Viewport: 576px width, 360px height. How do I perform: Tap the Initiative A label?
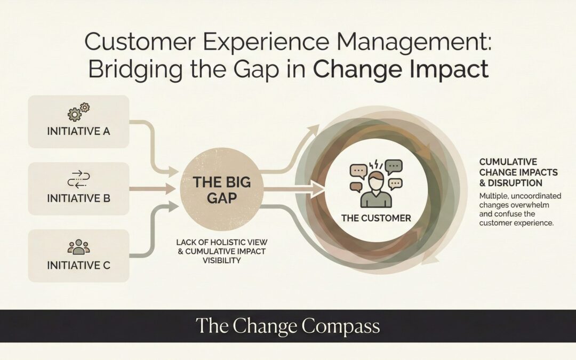78,131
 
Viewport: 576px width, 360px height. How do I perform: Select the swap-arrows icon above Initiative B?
78,180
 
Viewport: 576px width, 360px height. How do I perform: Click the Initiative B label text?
78,198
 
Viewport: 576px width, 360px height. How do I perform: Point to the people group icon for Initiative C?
78,246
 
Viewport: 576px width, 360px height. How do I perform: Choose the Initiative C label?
78,265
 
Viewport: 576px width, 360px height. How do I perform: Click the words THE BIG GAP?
221,189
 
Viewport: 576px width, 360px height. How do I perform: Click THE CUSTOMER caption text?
376,218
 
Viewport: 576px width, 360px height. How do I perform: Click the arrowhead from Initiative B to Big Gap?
172,188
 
